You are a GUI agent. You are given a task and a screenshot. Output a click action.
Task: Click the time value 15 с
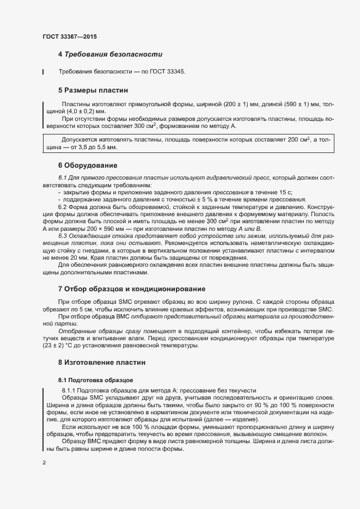[x=285, y=193]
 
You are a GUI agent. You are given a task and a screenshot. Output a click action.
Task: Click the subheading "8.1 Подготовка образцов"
[x=96, y=379]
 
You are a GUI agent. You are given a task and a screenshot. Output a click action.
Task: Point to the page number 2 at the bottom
[x=44, y=463]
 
